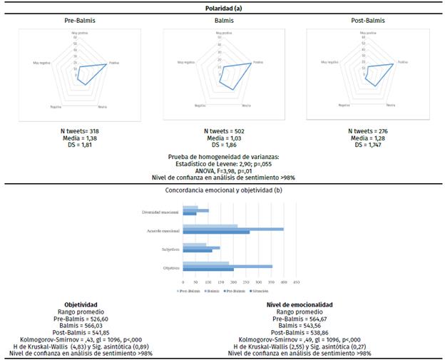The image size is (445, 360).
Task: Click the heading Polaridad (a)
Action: tap(222, 8)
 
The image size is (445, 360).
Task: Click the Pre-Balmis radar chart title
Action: tap(79, 21)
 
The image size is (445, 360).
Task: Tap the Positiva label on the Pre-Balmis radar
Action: tap(114, 63)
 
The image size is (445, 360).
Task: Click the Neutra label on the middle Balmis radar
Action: tap(246, 106)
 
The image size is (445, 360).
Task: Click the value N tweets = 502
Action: tap(222, 132)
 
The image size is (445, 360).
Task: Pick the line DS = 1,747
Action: tap(364, 145)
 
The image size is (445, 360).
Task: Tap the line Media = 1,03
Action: tap(222, 138)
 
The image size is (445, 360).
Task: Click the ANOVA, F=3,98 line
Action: tap(222, 170)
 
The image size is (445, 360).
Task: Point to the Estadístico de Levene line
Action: tap(222, 164)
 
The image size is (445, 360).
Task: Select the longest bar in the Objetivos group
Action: tap(227, 266)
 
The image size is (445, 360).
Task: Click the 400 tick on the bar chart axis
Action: tap(283, 281)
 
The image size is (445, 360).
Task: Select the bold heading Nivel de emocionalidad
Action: tap(300, 304)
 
